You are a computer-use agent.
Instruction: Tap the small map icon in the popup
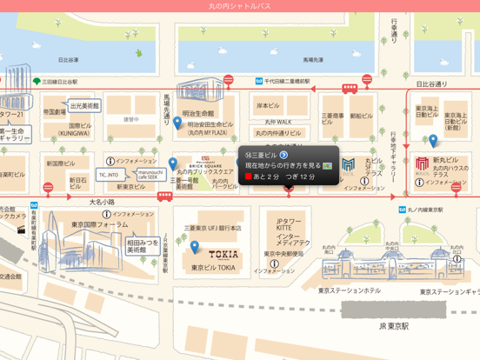point(328,165)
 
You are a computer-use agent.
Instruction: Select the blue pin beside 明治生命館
point(177,122)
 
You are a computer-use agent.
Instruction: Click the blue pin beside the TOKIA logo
point(196,247)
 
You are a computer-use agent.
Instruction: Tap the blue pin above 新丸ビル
point(433,140)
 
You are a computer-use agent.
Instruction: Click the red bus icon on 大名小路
point(164,197)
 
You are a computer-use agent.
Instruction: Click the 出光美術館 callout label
point(85,105)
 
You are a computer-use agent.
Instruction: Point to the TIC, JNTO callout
point(108,175)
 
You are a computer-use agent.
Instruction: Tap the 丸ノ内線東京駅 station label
point(428,210)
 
